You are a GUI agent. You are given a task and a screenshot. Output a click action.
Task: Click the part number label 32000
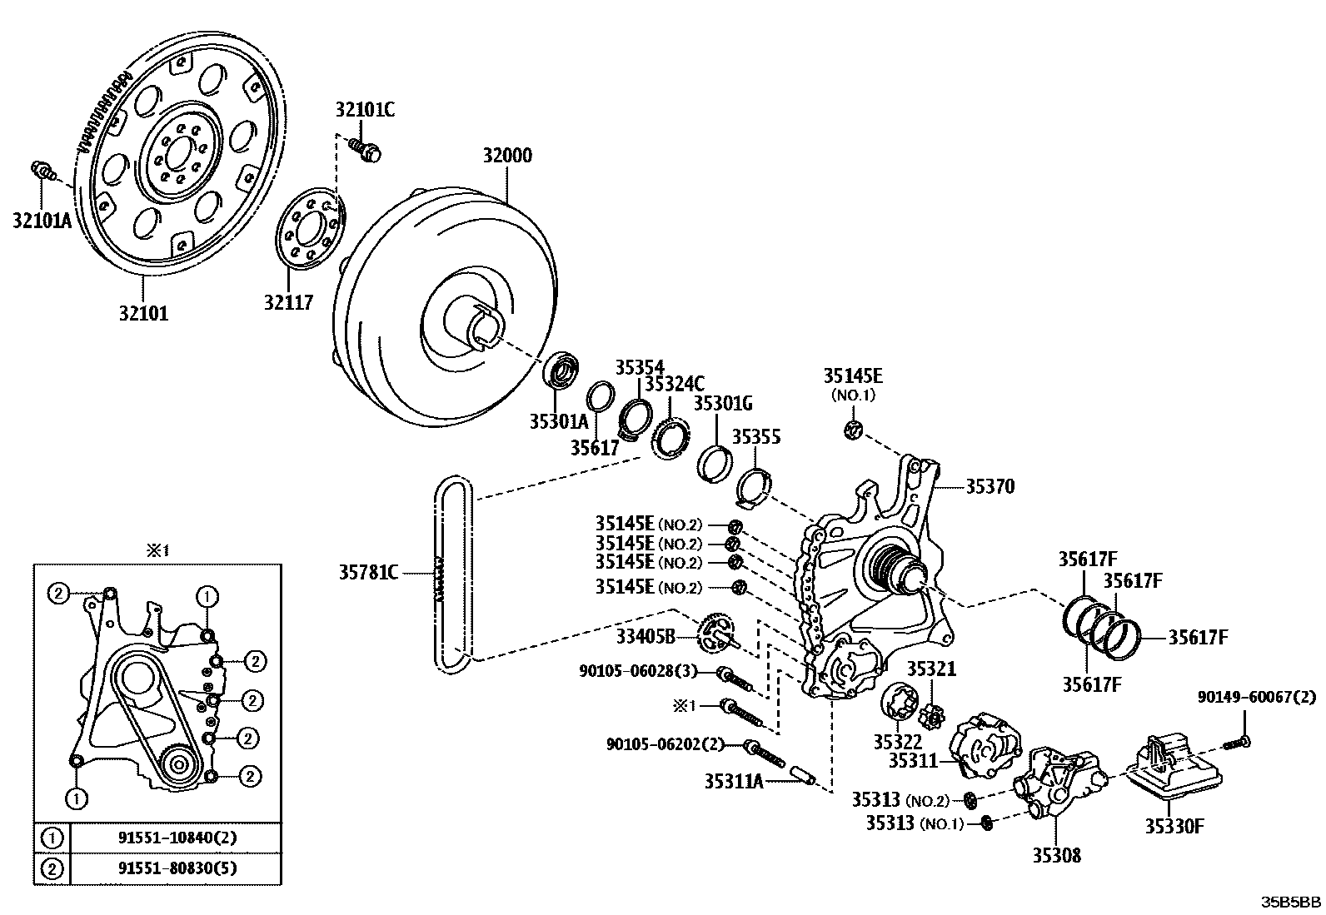[x=507, y=156]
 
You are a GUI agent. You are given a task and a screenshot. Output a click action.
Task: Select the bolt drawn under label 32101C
[x=365, y=150]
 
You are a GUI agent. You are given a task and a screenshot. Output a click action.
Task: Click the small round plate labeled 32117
[x=309, y=231]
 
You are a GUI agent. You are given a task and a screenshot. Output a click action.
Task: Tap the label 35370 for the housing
[x=990, y=486]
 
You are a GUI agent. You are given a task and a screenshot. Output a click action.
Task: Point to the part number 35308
[x=1057, y=854]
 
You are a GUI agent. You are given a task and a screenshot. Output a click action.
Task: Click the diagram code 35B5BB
[x=1290, y=902]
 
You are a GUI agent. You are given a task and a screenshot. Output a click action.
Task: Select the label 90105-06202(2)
[x=665, y=744]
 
